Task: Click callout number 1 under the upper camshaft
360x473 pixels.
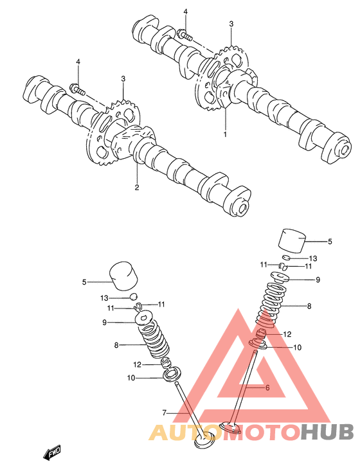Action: tap(225, 134)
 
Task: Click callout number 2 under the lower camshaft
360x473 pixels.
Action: tap(137, 187)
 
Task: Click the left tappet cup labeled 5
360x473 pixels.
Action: tap(123, 276)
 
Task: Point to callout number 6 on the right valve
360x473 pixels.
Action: tap(267, 388)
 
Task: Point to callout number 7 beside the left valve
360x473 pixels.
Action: tap(165, 413)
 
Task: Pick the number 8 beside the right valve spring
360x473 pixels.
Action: tap(309, 306)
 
